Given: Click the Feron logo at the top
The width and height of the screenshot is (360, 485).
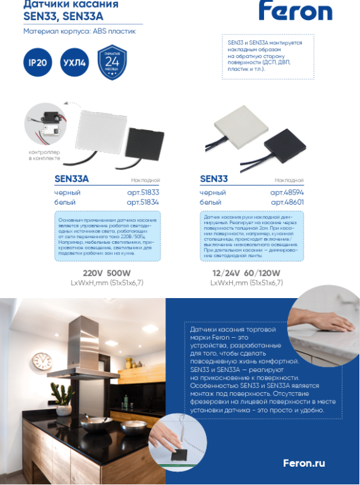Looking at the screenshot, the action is click(295, 11).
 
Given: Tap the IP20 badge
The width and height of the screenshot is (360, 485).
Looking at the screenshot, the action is click(35, 63).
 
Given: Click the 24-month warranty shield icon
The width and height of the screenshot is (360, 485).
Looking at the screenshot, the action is click(112, 62).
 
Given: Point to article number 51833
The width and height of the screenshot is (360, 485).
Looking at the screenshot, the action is click(143, 192).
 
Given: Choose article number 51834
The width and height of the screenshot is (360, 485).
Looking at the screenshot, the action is click(143, 202).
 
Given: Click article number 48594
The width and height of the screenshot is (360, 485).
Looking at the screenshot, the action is click(287, 192).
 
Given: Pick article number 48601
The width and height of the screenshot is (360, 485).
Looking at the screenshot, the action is click(287, 202).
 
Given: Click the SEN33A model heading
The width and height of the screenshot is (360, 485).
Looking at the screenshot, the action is click(71, 179).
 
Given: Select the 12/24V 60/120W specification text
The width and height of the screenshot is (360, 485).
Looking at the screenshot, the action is click(246, 273).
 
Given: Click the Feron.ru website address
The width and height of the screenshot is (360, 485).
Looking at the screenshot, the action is click(304, 463).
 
